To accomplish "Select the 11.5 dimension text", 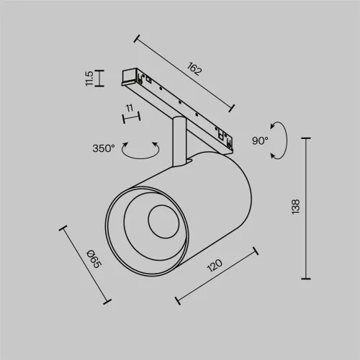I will point(89,78).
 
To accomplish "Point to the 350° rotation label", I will point(104,148).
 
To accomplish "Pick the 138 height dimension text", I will point(296,207).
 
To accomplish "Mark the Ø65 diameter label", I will point(94,257).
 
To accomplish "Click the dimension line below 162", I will point(184,74).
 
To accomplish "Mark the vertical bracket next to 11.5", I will point(100,78).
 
